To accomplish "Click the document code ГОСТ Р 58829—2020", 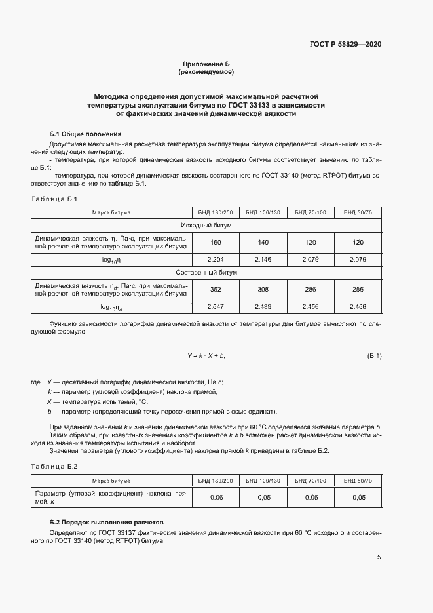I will (x=345, y=44).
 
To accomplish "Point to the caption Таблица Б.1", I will (x=54, y=199).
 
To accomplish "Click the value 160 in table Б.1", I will (x=215, y=243).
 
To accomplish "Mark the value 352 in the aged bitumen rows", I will (x=215, y=288).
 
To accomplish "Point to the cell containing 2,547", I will (x=215, y=306).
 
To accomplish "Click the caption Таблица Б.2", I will (x=54, y=466).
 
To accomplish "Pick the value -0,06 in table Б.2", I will (x=215, y=498).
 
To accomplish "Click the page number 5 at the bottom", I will (x=379, y=557).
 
